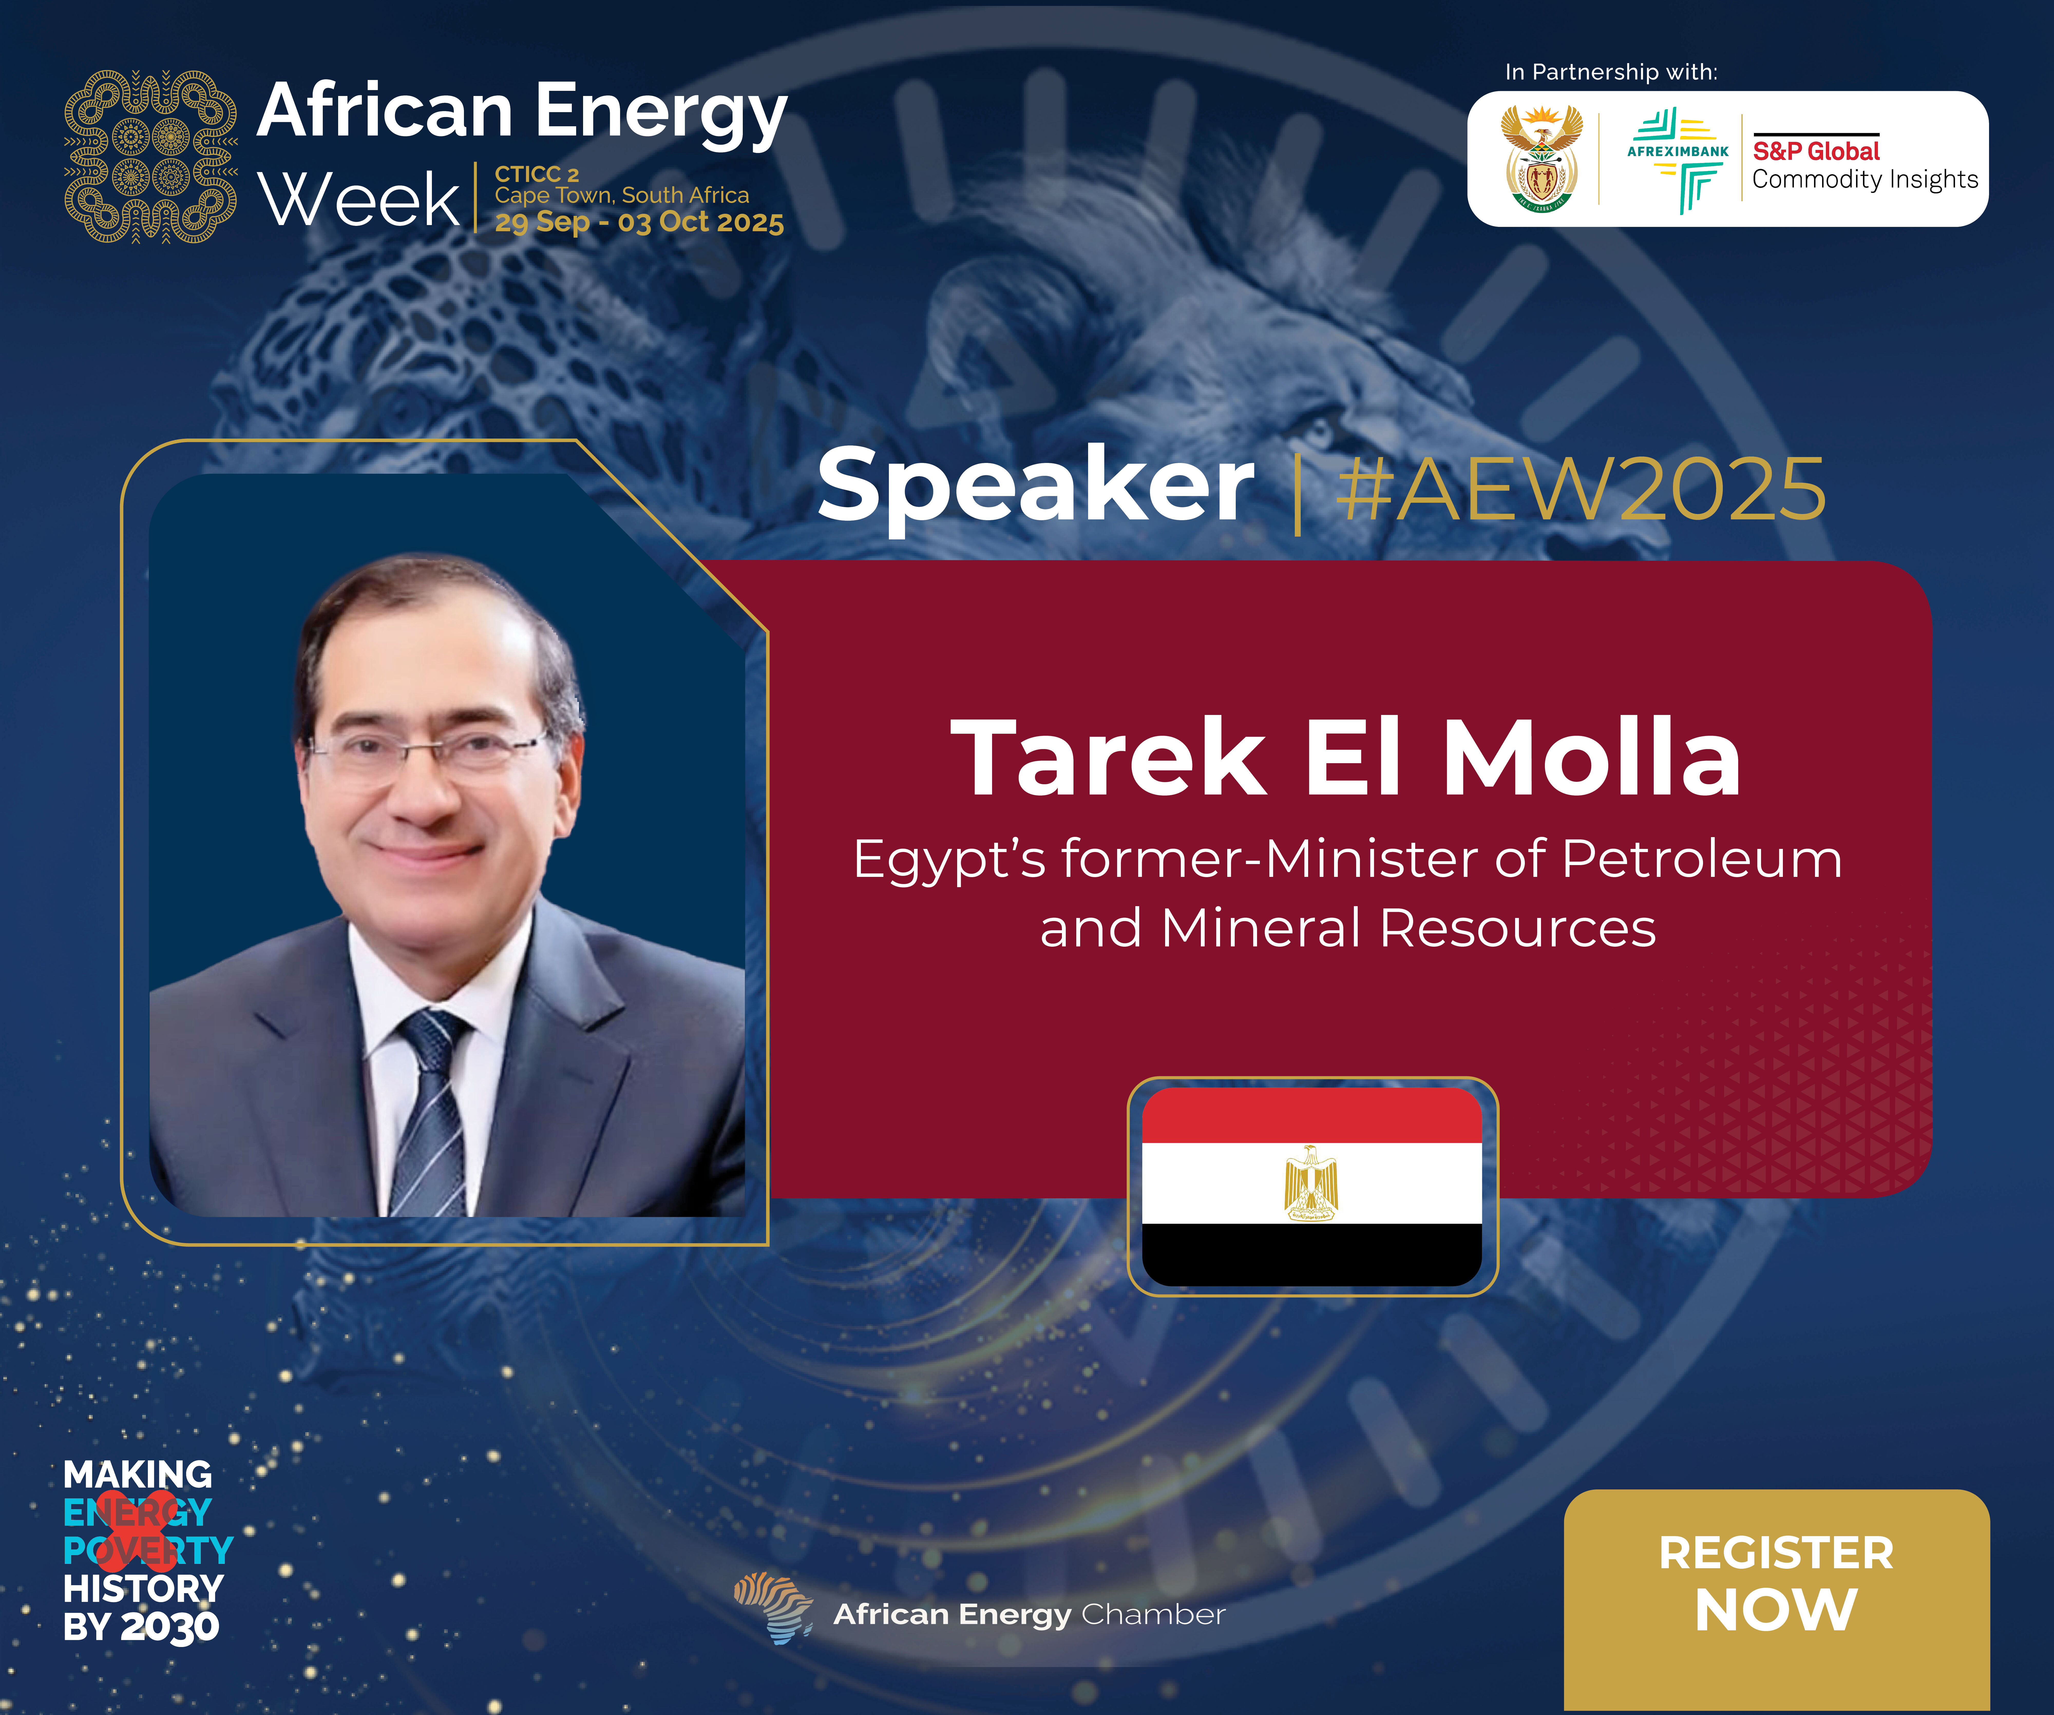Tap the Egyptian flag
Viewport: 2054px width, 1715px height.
(1313, 1186)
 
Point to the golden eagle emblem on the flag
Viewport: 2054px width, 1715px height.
(1311, 1183)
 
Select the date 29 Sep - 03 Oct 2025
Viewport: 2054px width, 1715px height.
(639, 223)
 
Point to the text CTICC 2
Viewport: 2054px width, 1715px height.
(537, 174)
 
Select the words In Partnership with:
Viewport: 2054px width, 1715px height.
(1611, 72)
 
